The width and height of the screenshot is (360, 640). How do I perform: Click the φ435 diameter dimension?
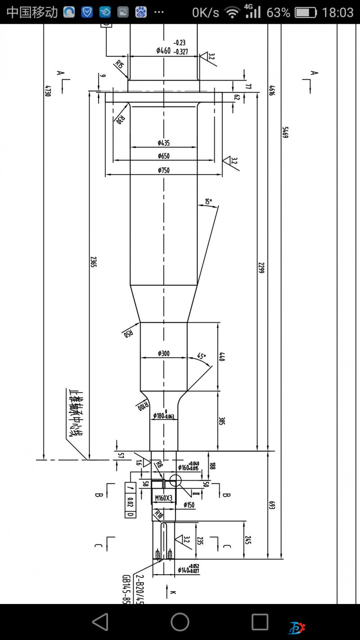click(163, 143)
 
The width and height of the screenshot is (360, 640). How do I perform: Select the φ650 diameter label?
click(163, 156)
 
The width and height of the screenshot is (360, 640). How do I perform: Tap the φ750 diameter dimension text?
click(163, 170)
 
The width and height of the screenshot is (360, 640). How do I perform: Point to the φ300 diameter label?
click(163, 354)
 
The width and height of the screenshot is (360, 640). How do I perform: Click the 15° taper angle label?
click(208, 202)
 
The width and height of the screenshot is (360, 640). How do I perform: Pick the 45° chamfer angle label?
click(201, 356)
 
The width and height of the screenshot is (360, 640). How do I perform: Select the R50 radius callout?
click(128, 333)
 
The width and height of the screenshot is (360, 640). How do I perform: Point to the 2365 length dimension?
click(94, 262)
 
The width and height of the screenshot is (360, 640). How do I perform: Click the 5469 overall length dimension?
click(285, 132)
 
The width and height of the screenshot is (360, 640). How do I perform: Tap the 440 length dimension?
click(221, 356)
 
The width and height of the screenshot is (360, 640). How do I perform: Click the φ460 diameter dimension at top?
click(163, 50)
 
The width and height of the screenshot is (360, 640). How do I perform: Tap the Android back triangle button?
click(100, 622)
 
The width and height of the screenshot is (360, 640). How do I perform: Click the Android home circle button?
click(180, 622)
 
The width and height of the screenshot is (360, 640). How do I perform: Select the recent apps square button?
click(260, 622)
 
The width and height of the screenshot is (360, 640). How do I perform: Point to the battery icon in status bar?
click(306, 12)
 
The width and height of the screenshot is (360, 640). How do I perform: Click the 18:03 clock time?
click(337, 12)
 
